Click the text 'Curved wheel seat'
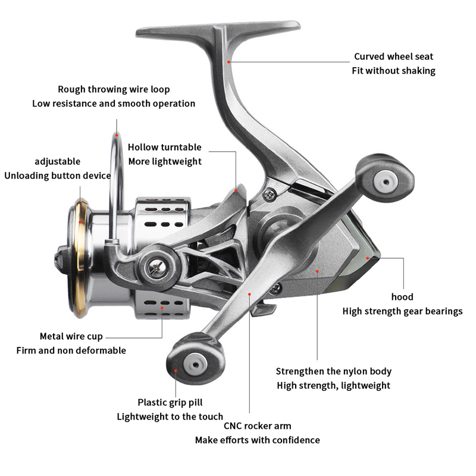[393, 57]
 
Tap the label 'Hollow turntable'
[165, 147]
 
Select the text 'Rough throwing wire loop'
[114, 89]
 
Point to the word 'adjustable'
[57, 161]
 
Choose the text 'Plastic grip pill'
[170, 402]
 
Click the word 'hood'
[402, 297]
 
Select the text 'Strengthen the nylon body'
[334, 371]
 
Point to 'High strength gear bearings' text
[402, 311]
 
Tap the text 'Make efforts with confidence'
[257, 440]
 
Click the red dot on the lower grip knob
[177, 369]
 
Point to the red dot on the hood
[368, 258]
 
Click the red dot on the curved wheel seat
[229, 60]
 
